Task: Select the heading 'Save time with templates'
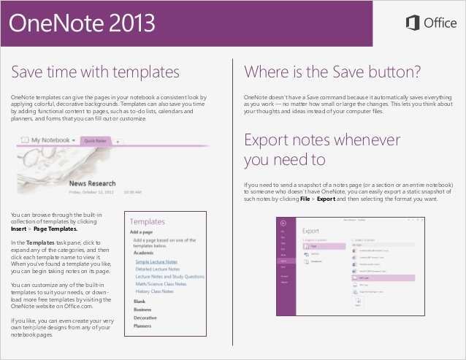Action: [x=96, y=72]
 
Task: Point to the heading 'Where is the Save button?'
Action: [x=332, y=72]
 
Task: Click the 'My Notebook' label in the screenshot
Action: [x=50, y=138]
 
